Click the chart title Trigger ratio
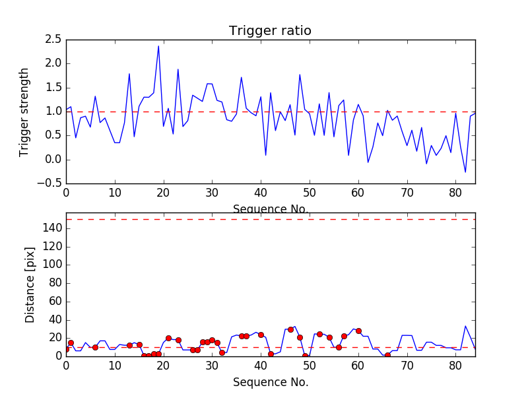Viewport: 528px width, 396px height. coord(270,31)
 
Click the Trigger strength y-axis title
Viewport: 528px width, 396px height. coord(24,112)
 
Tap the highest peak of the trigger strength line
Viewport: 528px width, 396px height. coord(158,46)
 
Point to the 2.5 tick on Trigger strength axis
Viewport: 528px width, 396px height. coord(53,40)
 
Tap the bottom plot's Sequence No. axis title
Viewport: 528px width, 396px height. coord(271,382)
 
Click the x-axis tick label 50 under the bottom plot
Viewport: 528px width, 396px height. coord(310,364)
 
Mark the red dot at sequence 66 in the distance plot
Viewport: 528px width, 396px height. coord(387,355)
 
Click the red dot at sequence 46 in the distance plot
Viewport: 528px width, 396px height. coord(290,329)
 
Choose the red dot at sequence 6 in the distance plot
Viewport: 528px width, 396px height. coord(95,347)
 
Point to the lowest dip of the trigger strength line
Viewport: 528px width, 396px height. coord(465,172)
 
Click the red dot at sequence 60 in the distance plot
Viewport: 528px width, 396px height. coord(358,331)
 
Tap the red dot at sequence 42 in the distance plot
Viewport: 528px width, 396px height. coord(271,354)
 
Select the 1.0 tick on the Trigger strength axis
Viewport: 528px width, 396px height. coord(53,112)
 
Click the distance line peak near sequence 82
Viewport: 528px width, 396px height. coord(465,326)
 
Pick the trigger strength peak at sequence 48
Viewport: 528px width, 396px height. coord(300,75)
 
